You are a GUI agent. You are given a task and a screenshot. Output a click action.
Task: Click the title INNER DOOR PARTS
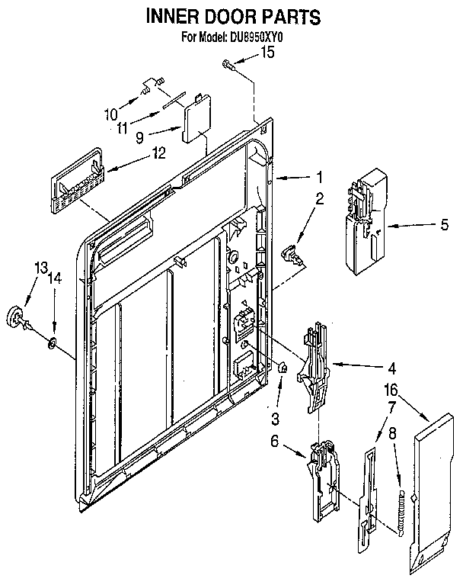228,16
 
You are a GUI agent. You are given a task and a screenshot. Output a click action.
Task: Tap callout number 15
267,52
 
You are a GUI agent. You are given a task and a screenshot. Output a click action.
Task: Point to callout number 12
158,153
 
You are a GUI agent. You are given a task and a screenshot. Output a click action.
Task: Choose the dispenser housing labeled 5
364,223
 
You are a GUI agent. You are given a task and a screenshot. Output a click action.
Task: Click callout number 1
321,177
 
